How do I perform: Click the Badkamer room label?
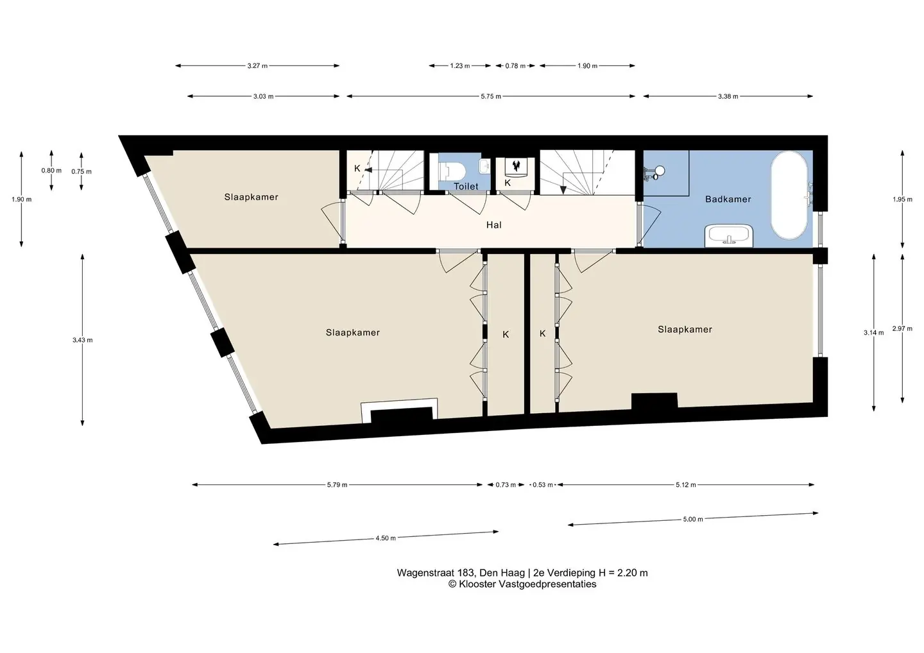click(728, 199)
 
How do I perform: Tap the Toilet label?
click(466, 186)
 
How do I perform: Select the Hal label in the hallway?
click(494, 225)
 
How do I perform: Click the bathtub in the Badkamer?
click(789, 196)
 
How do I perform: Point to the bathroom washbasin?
click(729, 236)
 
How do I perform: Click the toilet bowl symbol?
click(452, 170)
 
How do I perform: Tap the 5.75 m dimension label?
click(491, 96)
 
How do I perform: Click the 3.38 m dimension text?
click(728, 96)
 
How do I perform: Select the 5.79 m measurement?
click(337, 485)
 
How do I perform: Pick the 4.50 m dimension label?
click(386, 538)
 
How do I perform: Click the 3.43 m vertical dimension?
click(83, 340)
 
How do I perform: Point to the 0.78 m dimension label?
click(515, 66)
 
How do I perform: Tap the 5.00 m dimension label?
click(693, 519)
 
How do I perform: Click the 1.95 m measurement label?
click(903, 199)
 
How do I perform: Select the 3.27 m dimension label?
click(257, 66)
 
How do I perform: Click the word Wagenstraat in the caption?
click(426, 573)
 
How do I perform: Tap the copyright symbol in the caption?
click(452, 584)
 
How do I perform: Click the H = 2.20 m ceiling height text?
click(623, 573)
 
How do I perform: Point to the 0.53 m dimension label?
click(542, 485)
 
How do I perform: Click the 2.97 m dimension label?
click(903, 328)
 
